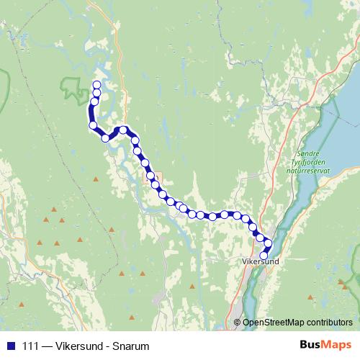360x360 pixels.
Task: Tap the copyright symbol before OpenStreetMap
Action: (x=238, y=323)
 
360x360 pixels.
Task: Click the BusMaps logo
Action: (x=327, y=346)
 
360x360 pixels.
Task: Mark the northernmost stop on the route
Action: (x=97, y=86)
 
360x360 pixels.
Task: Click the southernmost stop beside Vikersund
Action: (x=264, y=255)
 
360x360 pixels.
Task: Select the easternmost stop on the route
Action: (x=269, y=243)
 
